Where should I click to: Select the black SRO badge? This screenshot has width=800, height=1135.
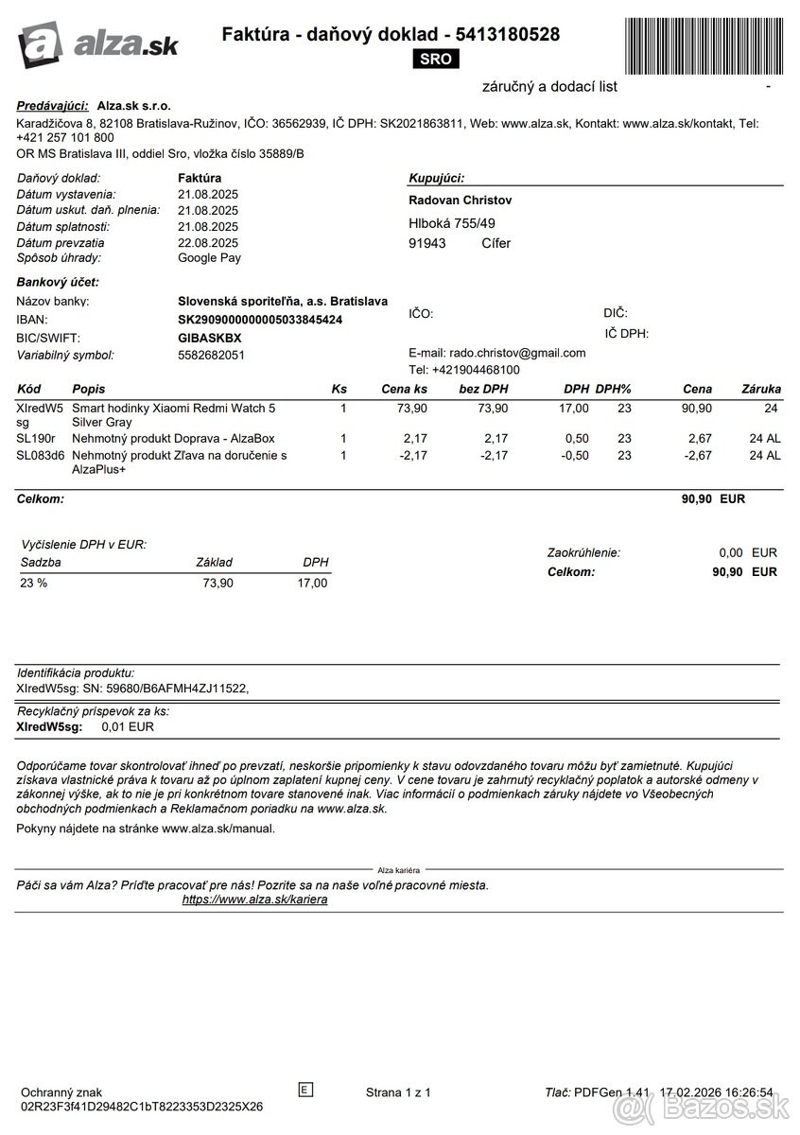tap(437, 60)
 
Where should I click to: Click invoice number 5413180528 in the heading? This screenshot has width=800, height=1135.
tap(508, 35)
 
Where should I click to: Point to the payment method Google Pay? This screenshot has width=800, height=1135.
tap(209, 257)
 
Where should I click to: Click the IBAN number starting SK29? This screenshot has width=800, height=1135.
tap(260, 320)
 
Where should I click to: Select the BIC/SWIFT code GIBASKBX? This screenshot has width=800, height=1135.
tap(209, 338)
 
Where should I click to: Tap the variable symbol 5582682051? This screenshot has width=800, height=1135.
tap(211, 356)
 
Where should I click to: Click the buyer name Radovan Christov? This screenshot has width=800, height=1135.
tap(461, 201)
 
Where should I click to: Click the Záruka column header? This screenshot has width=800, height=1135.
tap(761, 389)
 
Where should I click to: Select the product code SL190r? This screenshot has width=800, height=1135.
tap(36, 439)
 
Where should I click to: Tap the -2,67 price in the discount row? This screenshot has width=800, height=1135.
tap(697, 456)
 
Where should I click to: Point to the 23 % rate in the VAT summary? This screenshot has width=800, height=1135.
tap(34, 584)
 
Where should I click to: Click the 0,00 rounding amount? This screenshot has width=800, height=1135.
tap(731, 552)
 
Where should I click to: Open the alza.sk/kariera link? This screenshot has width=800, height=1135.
tap(255, 899)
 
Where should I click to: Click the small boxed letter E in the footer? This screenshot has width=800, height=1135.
tap(304, 1089)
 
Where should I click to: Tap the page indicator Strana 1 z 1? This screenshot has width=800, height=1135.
tap(398, 1092)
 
